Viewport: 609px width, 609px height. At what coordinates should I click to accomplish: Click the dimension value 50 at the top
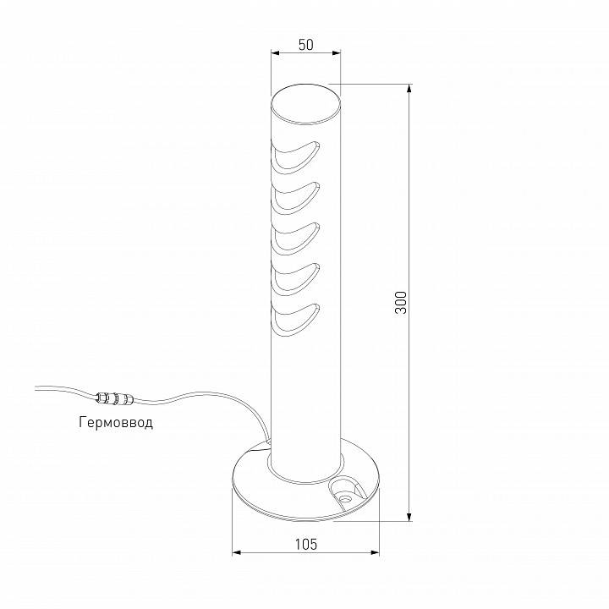coord(305,45)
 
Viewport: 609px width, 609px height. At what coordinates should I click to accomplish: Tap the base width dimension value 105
coord(306,545)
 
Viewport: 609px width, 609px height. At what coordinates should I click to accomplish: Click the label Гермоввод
coord(116,422)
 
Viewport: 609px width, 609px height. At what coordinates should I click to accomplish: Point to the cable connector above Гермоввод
coord(116,398)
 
